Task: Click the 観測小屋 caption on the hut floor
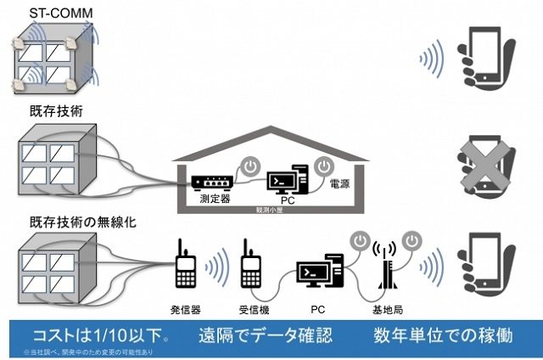pyautogui.click(x=270, y=208)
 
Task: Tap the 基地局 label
pyautogui.click(x=386, y=310)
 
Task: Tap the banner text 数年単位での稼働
pyautogui.click(x=442, y=334)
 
